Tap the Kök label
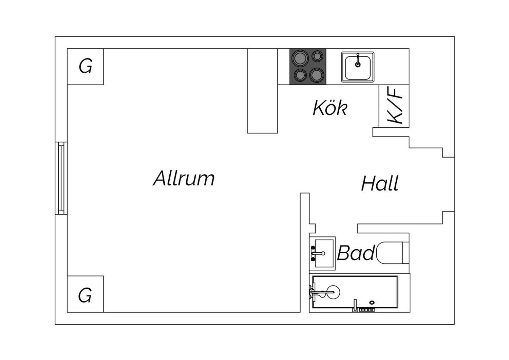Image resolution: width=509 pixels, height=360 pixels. point(330,108)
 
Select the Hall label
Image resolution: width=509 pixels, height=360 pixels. point(380,183)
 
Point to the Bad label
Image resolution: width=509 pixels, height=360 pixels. point(356,253)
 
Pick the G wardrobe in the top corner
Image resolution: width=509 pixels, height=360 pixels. point(86,67)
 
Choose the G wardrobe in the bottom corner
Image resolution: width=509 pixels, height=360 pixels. point(86,294)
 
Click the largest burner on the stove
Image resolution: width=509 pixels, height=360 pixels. point(300,58)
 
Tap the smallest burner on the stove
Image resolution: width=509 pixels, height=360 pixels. point(317,56)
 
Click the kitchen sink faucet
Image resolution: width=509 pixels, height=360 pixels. point(358,60)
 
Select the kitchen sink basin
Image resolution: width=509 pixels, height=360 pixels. point(358,67)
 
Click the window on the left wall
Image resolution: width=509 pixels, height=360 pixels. point(61,178)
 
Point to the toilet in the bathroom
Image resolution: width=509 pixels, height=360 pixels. point(393,253)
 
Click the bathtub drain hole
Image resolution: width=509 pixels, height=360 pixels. point(372,303)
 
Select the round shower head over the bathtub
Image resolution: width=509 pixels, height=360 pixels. point(333,292)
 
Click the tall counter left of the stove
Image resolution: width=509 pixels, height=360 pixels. point(262,91)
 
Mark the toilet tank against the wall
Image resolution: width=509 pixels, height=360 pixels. point(406,253)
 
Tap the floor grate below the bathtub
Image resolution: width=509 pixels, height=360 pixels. point(366,310)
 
